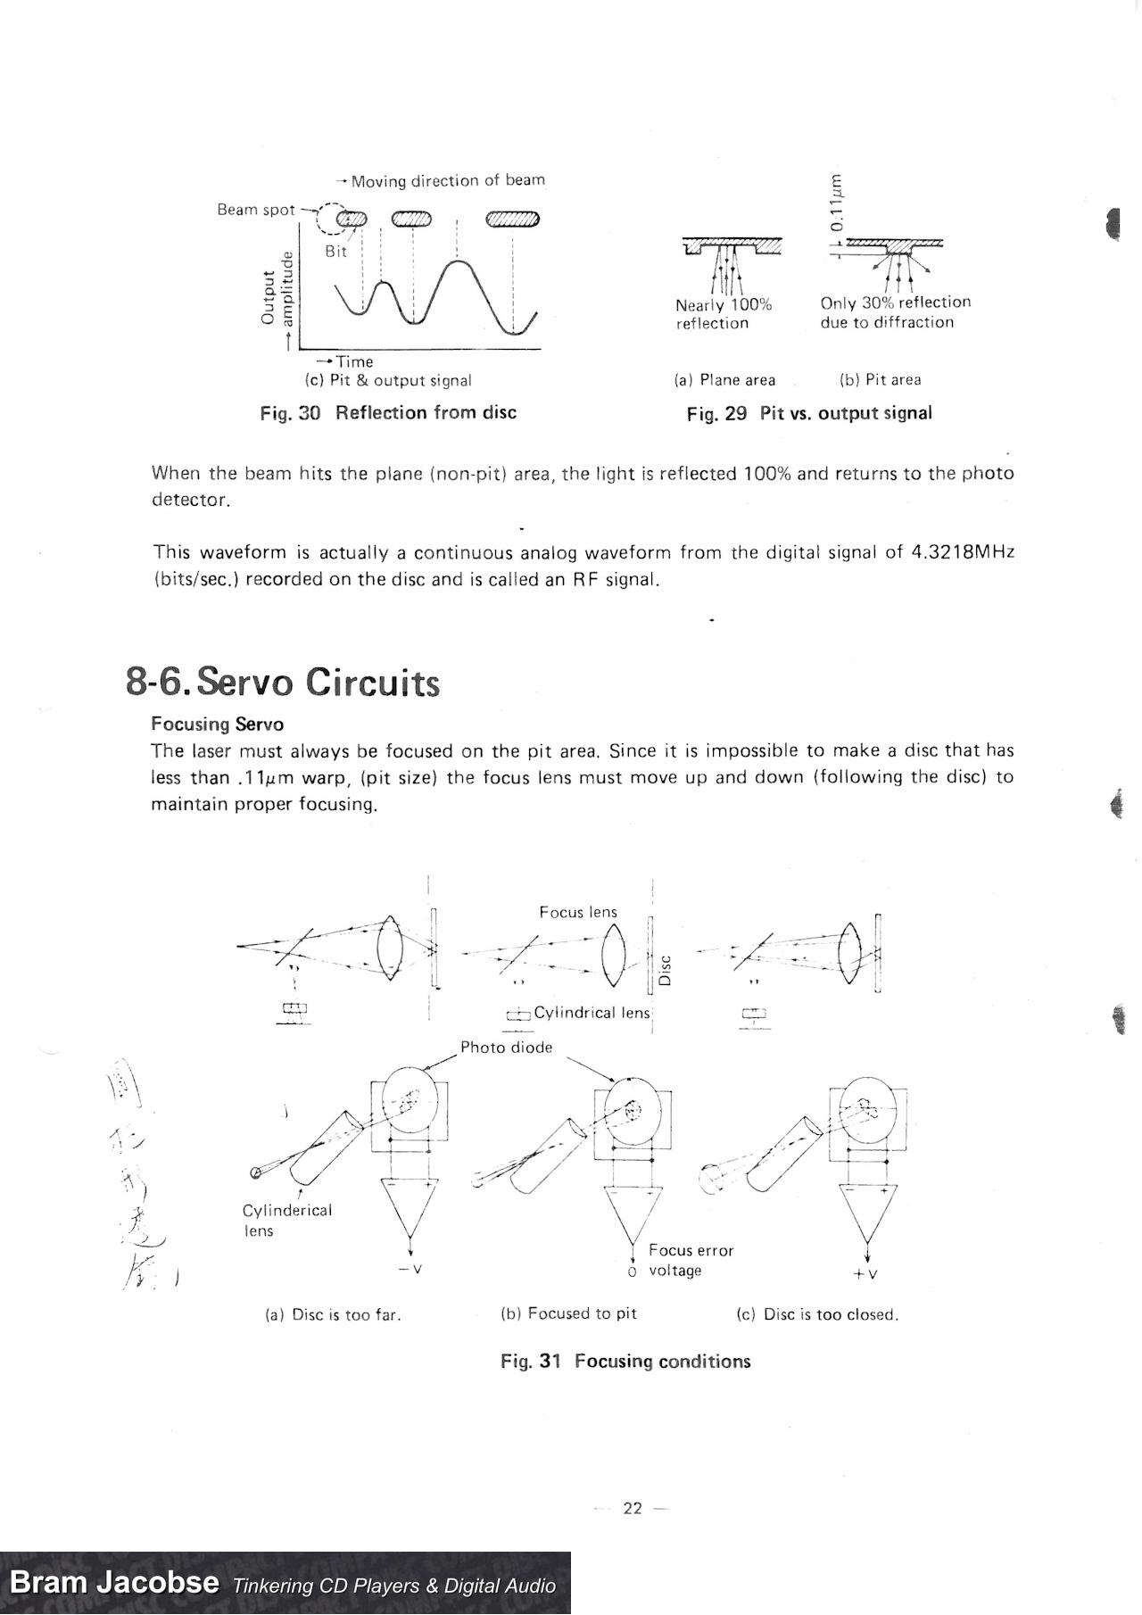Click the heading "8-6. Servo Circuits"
pos(283,683)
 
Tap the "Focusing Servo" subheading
pos(217,724)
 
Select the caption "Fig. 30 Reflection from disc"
pos(388,413)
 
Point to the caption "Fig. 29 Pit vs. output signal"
pos(809,414)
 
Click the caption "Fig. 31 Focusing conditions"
pos(625,1362)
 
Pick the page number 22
pos(633,1509)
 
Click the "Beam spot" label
pos(256,210)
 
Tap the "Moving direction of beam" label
pos(448,181)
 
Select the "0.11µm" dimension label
pos(835,203)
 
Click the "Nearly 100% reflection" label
pos(724,314)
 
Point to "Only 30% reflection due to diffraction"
pos(895,312)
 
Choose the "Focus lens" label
pos(578,912)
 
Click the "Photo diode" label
pos(506,1048)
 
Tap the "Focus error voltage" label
pos(691,1260)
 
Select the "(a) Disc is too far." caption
pos(334,1315)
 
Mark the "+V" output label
pos(865,1274)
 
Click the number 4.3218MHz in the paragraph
pos(963,552)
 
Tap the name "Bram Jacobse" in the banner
pos(114,1583)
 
